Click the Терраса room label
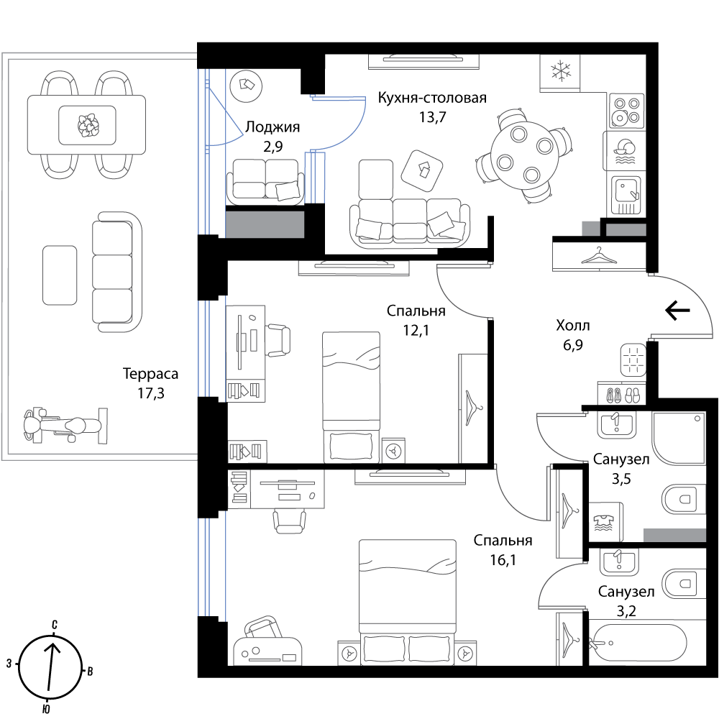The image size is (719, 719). click(150, 374)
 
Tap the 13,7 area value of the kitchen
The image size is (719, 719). click(432, 117)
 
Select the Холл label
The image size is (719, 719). click(573, 326)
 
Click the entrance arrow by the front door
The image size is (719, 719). click(678, 311)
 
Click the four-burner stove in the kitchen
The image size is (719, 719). click(626, 111)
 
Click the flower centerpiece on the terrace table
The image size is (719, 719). click(88, 124)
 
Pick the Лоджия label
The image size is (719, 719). click(273, 127)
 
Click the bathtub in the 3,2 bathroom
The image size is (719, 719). click(637, 642)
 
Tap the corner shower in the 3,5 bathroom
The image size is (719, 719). click(679, 437)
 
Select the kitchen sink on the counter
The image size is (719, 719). click(626, 196)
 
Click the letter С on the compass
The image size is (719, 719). click(55, 624)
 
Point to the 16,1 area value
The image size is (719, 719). click(503, 560)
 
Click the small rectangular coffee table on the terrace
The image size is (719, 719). click(60, 275)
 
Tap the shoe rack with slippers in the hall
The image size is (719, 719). click(622, 393)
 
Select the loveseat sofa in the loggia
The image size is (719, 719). click(265, 182)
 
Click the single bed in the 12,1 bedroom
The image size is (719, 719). click(352, 397)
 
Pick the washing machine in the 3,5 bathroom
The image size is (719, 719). click(606, 522)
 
